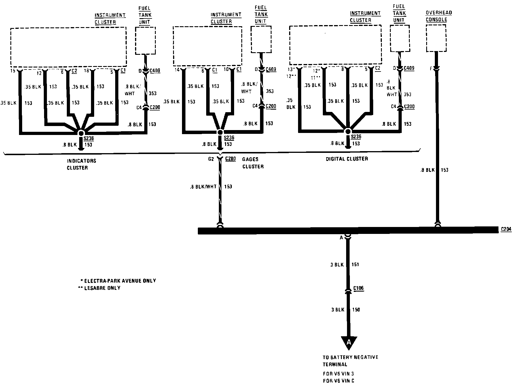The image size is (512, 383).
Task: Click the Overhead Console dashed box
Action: click(436, 38)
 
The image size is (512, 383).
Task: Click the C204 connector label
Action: click(506, 229)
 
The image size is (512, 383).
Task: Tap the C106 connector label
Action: click(358, 288)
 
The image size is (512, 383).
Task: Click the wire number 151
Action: click(355, 264)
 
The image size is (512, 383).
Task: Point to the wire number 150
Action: click(356, 310)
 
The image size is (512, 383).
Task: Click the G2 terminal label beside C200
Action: click(211, 159)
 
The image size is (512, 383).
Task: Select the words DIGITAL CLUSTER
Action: click(347, 159)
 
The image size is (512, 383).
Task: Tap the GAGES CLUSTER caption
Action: click(253, 163)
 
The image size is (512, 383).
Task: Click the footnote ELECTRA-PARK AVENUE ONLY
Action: click(119, 281)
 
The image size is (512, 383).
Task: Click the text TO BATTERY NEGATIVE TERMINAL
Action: click(350, 361)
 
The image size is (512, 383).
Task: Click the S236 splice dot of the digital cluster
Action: click(348, 131)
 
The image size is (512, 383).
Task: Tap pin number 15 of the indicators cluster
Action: click(12, 70)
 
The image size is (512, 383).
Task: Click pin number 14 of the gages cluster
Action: click(177, 70)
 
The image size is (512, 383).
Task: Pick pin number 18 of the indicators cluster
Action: click(86, 70)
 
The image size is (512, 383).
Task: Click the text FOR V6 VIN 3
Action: click(338, 373)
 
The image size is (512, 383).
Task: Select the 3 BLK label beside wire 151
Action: click(337, 264)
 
